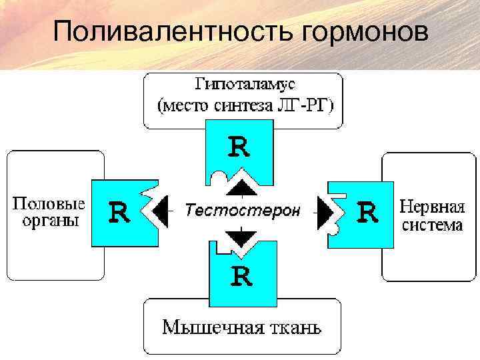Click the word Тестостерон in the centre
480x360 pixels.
click(x=242, y=211)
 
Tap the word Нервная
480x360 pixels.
click(x=431, y=207)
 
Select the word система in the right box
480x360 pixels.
click(x=431, y=225)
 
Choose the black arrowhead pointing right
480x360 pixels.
click(x=325, y=211)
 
